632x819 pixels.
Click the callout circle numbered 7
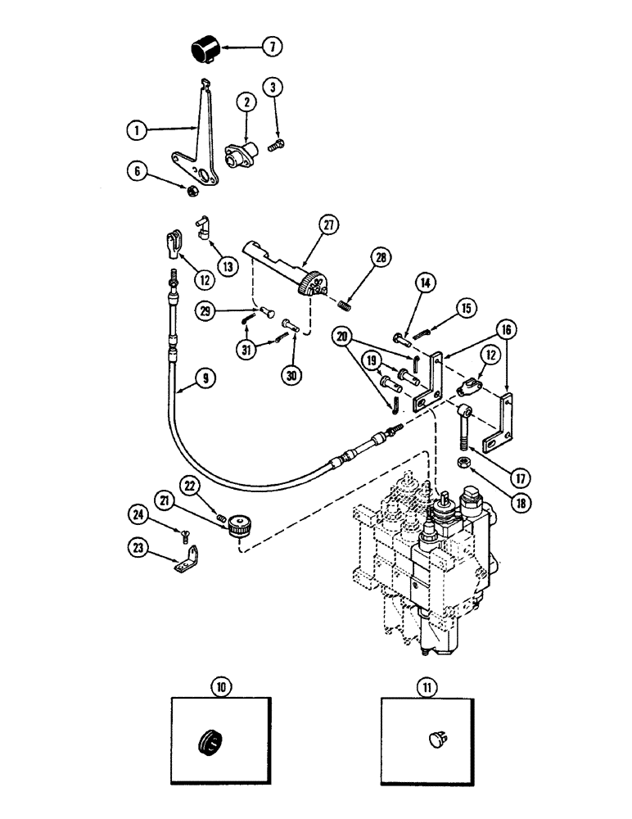point(273,48)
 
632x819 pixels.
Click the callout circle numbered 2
point(244,103)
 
